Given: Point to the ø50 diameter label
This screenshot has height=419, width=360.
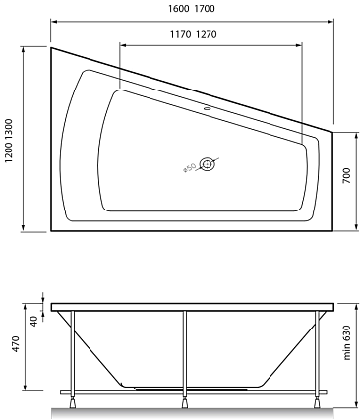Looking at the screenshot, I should [x=189, y=169].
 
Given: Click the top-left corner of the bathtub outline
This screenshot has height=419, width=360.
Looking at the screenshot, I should [x=49, y=46].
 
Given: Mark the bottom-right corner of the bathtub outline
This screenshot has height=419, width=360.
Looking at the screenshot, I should [x=332, y=232].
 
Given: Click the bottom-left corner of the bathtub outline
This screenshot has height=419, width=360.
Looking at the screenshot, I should [x=49, y=232].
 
